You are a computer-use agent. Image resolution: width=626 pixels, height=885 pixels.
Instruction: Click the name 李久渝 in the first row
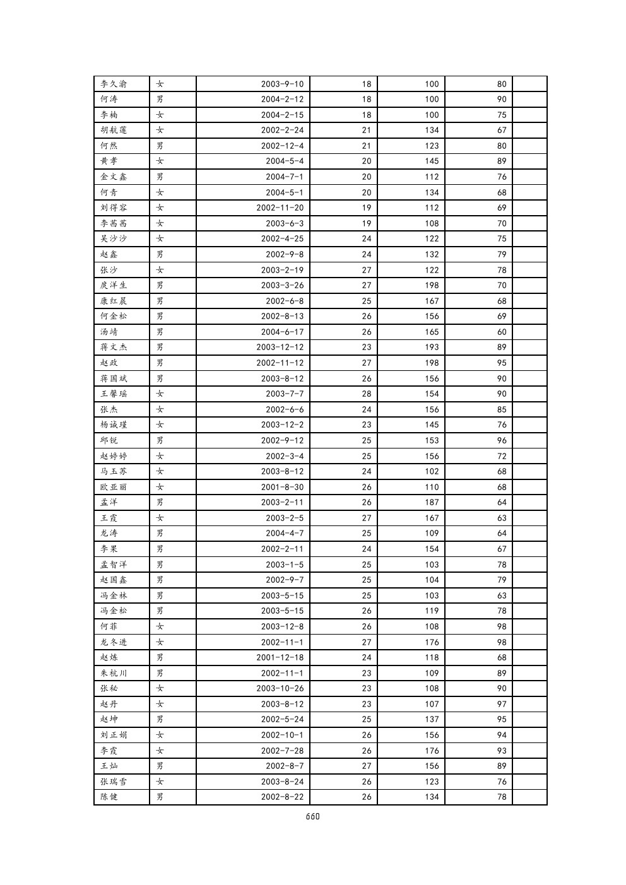click(114, 84)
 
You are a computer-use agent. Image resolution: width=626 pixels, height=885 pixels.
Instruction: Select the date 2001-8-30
click(282, 487)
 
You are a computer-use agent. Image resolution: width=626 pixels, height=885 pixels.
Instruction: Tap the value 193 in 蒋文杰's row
click(432, 347)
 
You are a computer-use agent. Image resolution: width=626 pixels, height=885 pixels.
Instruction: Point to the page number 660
click(312, 816)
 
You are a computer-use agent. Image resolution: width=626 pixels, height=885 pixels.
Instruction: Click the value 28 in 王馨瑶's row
click(367, 394)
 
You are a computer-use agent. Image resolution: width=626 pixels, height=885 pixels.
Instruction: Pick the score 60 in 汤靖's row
click(502, 332)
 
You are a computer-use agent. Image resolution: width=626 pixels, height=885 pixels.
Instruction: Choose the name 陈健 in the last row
click(109, 797)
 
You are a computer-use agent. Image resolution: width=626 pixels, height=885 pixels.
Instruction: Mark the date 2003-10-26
click(280, 688)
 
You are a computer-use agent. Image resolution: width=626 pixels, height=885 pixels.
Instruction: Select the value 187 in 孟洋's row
click(432, 502)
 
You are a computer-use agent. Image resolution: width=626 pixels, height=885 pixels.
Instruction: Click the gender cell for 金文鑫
click(160, 177)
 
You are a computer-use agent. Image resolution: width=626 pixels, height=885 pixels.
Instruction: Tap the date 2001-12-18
click(280, 657)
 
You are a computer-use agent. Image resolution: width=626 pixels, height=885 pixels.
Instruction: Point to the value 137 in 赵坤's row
click(432, 719)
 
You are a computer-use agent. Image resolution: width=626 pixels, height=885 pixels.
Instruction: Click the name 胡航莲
click(114, 130)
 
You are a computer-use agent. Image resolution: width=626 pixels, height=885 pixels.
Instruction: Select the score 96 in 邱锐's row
click(502, 440)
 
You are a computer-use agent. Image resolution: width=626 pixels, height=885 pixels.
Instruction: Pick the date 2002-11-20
click(280, 208)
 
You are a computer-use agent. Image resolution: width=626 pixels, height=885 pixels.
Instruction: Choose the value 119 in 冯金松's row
click(432, 611)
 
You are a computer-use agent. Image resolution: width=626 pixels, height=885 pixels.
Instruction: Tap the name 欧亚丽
click(114, 487)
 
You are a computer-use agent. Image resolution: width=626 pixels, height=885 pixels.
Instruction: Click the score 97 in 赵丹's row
click(502, 704)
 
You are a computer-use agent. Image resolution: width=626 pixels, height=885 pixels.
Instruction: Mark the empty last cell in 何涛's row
click(529, 99)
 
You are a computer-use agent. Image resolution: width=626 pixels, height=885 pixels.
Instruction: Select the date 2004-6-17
click(282, 332)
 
